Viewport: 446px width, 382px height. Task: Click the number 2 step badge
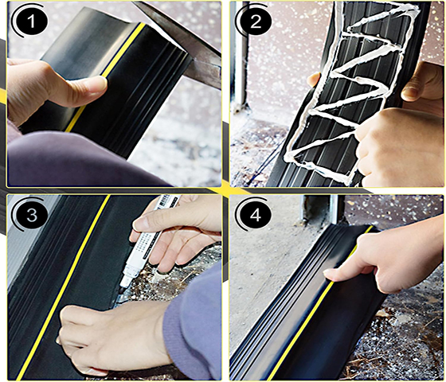point(256,21)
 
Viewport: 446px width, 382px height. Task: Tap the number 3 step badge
point(32,215)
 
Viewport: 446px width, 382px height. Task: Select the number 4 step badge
point(256,215)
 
